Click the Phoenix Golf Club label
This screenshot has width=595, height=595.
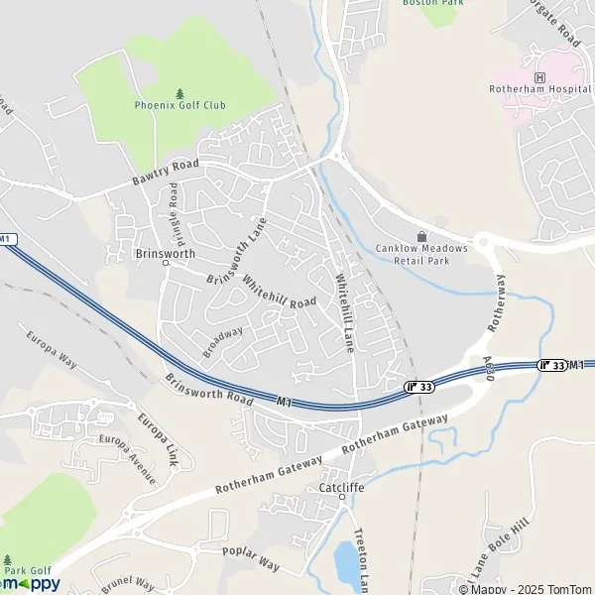click(x=179, y=104)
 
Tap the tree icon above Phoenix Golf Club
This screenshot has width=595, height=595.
click(x=179, y=92)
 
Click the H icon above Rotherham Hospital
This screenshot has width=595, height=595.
click(x=539, y=76)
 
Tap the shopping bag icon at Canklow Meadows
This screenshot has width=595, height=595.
click(x=421, y=236)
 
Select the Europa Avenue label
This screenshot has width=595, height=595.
click(x=135, y=461)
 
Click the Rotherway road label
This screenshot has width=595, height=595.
click(x=497, y=301)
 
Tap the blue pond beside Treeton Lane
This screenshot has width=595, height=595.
click(x=346, y=562)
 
